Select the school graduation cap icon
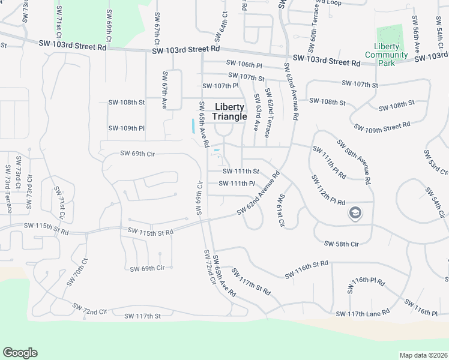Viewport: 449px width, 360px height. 355,213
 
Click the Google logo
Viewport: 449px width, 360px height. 20,353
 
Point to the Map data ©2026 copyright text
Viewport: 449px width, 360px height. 423,355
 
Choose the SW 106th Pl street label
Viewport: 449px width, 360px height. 244,64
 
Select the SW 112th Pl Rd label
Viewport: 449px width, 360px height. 328,190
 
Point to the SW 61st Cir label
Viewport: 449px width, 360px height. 280,211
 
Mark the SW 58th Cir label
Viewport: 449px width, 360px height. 341,244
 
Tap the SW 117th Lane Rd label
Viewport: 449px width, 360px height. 363,313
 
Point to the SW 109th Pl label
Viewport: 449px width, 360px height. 127,128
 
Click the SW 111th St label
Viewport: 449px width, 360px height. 240,172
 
